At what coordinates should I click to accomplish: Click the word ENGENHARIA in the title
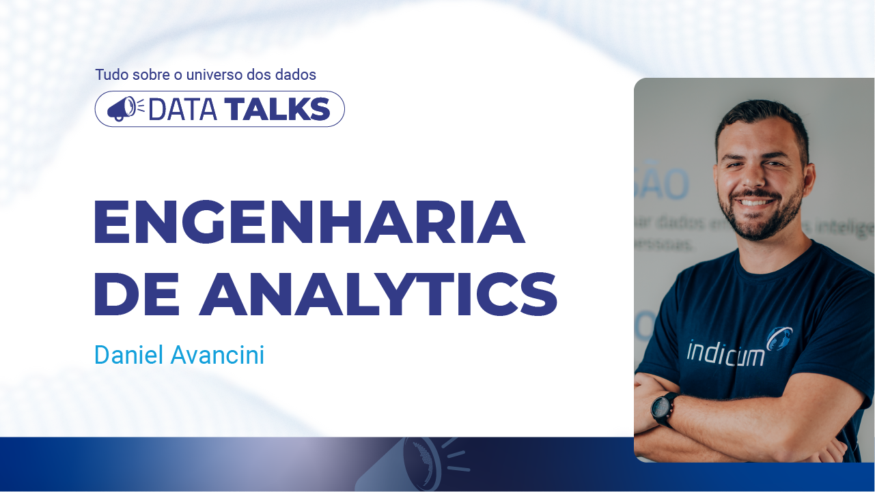(x=309, y=222)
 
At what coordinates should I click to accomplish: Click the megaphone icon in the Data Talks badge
(x=122, y=109)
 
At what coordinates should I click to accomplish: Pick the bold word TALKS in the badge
(x=277, y=109)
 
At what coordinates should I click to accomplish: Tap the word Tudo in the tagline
(x=111, y=74)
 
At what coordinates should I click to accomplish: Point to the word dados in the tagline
(x=296, y=74)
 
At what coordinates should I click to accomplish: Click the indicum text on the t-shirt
(x=725, y=352)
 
